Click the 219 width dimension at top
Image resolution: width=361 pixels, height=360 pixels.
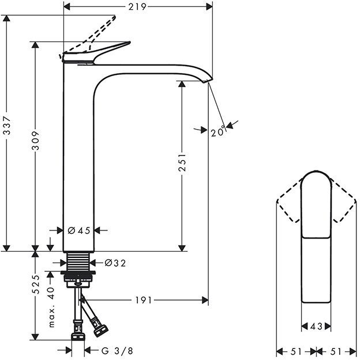(137, 7)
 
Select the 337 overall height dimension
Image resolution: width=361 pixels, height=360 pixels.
(7, 126)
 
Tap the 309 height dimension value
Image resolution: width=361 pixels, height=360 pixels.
(35, 141)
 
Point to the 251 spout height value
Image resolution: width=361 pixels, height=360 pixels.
(182, 162)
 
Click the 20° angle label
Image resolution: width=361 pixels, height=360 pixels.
(218, 132)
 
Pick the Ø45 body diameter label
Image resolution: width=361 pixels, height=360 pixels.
(79, 230)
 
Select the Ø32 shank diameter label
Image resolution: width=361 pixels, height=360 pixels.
(115, 263)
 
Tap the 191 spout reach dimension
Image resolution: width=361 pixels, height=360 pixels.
(144, 300)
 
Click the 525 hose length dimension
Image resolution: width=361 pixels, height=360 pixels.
(35, 285)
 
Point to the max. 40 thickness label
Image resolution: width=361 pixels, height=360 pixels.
(51, 307)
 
